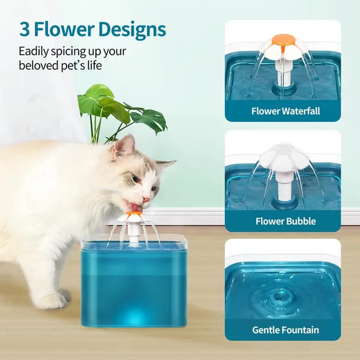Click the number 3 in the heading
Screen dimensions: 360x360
[25, 29]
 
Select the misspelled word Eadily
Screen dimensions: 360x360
[35, 51]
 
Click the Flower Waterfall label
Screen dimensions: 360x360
[286, 111]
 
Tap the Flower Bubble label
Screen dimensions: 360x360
[286, 221]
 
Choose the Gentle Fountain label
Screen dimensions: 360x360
[286, 329]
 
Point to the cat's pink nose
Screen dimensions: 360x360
[147, 198]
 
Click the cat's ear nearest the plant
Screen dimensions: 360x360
[124, 146]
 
